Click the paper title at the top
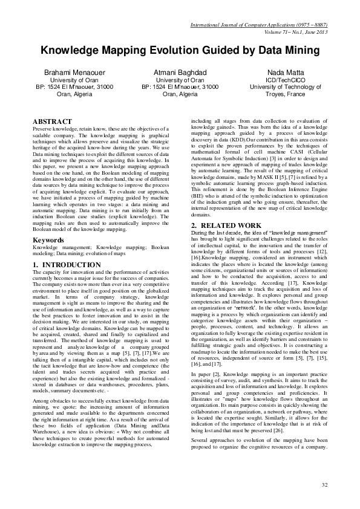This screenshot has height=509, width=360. pos(180,52)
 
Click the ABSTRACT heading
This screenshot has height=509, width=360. pos(52,122)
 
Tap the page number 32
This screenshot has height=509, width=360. pos(324,485)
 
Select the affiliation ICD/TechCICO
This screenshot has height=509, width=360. pos(284,80)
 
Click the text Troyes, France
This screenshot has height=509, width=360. pos(284,94)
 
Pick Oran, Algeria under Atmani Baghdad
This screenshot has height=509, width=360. pos(180,94)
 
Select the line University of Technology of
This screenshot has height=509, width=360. pos(284,87)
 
